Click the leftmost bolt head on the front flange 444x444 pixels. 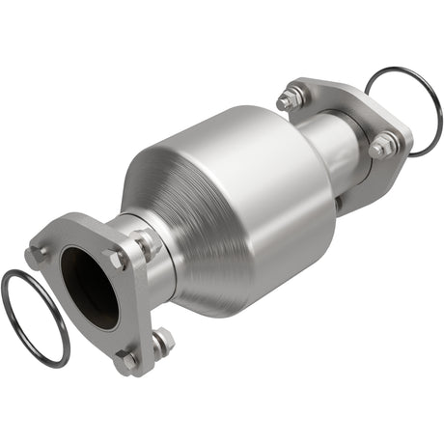pyautogui.click(x=38, y=254)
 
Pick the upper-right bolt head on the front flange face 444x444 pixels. pyautogui.click(x=117, y=259)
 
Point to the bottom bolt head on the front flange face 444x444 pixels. pyautogui.click(x=125, y=358)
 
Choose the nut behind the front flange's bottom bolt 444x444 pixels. pyautogui.click(x=161, y=340)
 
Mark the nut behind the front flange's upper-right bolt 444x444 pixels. pyautogui.click(x=145, y=242)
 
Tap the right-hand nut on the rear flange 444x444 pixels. pyautogui.click(x=382, y=147)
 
